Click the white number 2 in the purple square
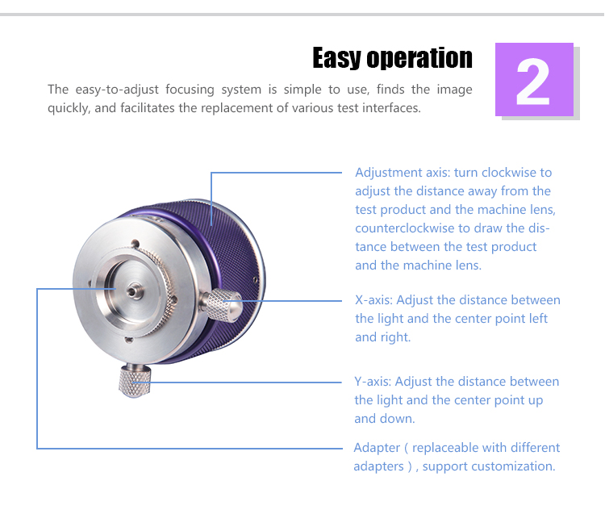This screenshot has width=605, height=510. (533, 82)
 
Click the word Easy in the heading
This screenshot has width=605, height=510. (337, 58)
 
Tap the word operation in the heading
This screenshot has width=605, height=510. (419, 58)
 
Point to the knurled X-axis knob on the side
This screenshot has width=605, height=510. (222, 305)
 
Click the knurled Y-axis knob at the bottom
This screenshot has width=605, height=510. (134, 380)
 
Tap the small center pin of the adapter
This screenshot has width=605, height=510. (134, 291)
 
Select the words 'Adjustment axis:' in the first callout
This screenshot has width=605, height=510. (403, 173)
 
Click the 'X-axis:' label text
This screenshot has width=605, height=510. (373, 300)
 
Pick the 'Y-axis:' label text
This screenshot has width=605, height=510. (373, 382)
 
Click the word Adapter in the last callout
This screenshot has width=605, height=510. (377, 448)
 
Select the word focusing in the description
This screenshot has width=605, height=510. (190, 90)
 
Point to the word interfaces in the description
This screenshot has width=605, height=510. (391, 108)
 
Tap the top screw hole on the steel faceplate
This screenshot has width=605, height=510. (135, 244)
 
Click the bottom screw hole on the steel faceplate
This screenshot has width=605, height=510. (129, 340)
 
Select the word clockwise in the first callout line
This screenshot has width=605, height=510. (509, 173)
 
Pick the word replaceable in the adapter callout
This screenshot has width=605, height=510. (445, 448)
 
